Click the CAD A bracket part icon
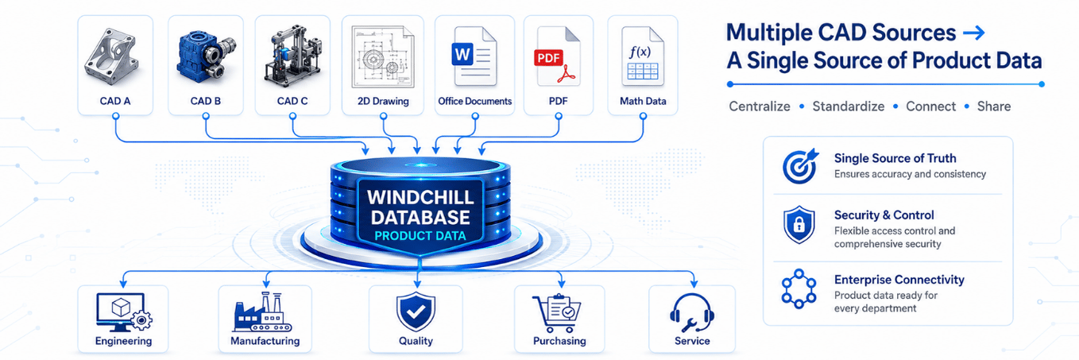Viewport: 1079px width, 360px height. point(112,57)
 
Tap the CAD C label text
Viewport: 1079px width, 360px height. point(292,101)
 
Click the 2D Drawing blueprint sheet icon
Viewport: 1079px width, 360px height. point(383,57)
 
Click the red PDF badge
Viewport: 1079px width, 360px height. point(548,58)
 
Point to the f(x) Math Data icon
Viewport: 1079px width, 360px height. point(643,56)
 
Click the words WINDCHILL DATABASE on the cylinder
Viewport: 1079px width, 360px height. point(420,207)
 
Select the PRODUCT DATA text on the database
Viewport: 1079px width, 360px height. point(420,236)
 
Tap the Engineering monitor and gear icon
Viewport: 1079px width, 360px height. point(124,312)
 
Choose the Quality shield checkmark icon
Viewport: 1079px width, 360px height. point(416,312)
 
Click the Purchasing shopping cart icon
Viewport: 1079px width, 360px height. point(558,313)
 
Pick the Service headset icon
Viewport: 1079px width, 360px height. point(692,313)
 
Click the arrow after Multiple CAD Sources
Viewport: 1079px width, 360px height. point(973,33)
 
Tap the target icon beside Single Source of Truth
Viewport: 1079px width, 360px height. point(799,166)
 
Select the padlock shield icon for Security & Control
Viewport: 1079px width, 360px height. point(799,225)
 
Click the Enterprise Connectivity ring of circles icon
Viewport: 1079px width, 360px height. point(799,288)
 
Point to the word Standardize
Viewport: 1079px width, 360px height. point(849,106)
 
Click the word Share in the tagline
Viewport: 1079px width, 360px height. point(994,106)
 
